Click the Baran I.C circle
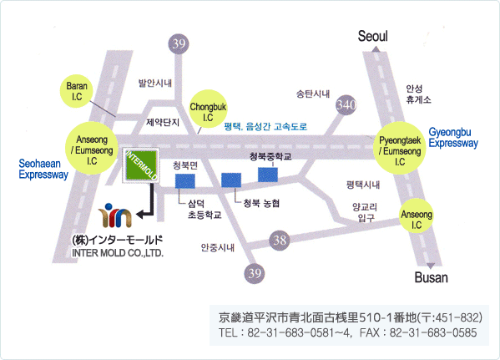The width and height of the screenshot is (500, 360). (77, 91)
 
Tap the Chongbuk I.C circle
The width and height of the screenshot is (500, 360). (208, 109)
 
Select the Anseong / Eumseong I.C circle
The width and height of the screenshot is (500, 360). (92, 148)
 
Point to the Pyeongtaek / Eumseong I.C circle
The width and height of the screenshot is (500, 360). (400, 148)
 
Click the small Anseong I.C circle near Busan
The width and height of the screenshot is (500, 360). (417, 215)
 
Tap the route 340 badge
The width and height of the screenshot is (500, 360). (346, 104)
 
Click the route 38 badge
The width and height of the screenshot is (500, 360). (280, 240)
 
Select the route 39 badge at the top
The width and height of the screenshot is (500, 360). (179, 43)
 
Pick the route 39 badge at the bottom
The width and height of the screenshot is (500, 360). (255, 273)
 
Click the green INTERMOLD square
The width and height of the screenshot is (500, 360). (141, 165)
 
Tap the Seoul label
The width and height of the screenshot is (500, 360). (373, 36)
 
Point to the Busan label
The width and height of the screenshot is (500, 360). (431, 277)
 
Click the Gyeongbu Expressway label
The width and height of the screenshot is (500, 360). (453, 138)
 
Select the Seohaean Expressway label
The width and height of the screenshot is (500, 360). (43, 170)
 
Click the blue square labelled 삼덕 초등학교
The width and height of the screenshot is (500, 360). (185, 181)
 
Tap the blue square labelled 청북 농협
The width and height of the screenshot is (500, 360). (231, 180)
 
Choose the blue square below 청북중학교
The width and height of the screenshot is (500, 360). (268, 175)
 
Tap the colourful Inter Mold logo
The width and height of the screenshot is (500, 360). (115, 215)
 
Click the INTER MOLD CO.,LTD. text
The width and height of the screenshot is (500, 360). (118, 253)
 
